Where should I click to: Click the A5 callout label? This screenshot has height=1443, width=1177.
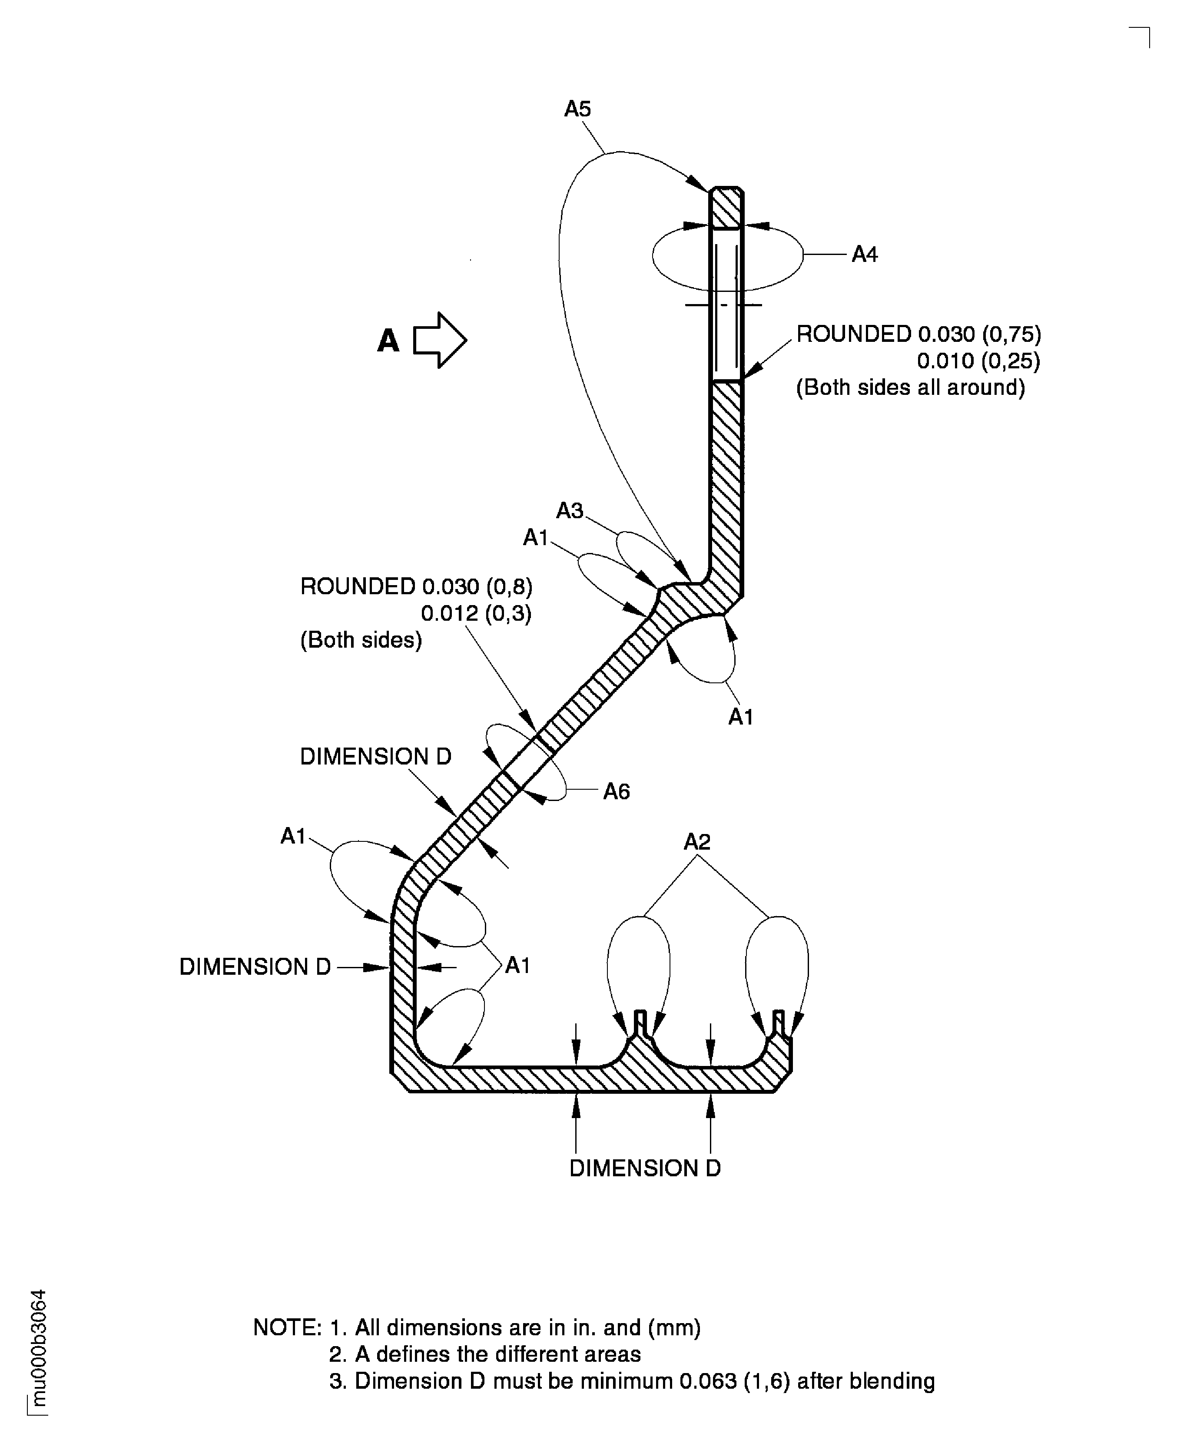[578, 109]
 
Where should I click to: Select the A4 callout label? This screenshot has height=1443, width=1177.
[865, 255]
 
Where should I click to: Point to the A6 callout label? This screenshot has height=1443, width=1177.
[616, 791]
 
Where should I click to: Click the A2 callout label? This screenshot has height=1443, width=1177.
[697, 842]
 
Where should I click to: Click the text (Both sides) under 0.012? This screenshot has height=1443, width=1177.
[361, 640]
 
